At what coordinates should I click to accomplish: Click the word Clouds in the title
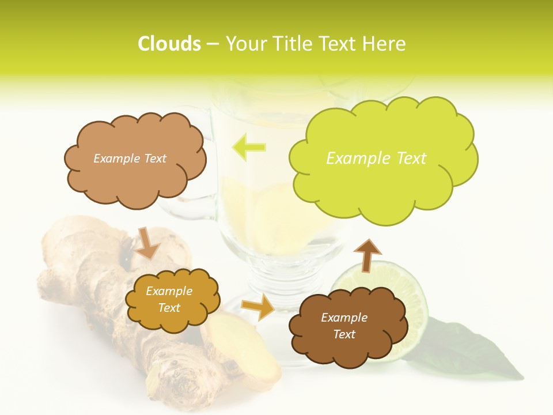point(169,44)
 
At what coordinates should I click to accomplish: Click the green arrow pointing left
point(249,147)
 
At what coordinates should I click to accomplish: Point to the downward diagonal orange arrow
point(147,243)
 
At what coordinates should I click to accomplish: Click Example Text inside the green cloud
point(376,159)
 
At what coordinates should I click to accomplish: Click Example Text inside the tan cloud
point(130,159)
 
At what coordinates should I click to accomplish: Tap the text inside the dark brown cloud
point(344,326)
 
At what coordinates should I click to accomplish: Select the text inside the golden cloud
point(169,299)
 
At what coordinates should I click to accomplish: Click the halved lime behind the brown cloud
point(403,288)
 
